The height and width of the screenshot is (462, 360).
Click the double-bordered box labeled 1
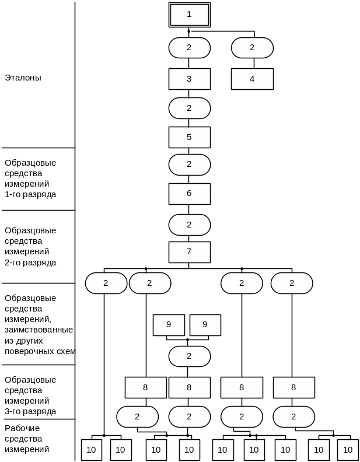[189, 15]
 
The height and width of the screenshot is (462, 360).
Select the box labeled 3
[189, 79]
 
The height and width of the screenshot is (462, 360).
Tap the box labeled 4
[252, 79]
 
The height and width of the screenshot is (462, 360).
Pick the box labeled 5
[189, 137]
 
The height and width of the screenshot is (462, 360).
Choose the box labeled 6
[189, 194]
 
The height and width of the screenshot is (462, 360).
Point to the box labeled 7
[189, 252]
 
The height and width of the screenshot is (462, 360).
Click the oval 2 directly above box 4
[252, 48]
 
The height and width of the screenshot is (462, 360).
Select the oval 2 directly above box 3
[189, 48]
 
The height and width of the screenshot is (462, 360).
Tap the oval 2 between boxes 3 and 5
[189, 108]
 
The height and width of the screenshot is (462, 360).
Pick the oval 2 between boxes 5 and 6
[189, 164]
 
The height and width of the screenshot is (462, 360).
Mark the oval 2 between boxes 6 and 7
[189, 225]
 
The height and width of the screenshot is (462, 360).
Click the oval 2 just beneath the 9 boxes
[189, 356]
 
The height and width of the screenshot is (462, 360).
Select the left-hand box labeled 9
[169, 325]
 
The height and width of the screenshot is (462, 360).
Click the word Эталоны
[23, 77]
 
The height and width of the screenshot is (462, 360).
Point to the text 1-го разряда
[30, 194]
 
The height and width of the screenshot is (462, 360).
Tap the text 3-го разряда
[30, 411]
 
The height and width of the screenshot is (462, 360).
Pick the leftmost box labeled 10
[91, 450]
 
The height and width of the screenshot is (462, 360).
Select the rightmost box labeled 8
[293, 387]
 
